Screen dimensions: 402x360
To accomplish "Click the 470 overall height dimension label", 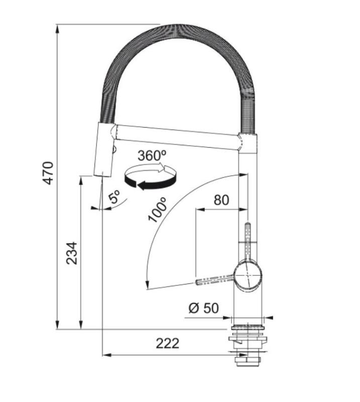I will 47,173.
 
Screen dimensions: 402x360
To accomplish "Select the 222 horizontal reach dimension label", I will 167,343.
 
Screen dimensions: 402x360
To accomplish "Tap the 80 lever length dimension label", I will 221,200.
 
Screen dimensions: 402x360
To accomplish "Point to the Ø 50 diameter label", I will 203,308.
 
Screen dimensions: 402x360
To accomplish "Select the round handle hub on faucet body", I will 248,275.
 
